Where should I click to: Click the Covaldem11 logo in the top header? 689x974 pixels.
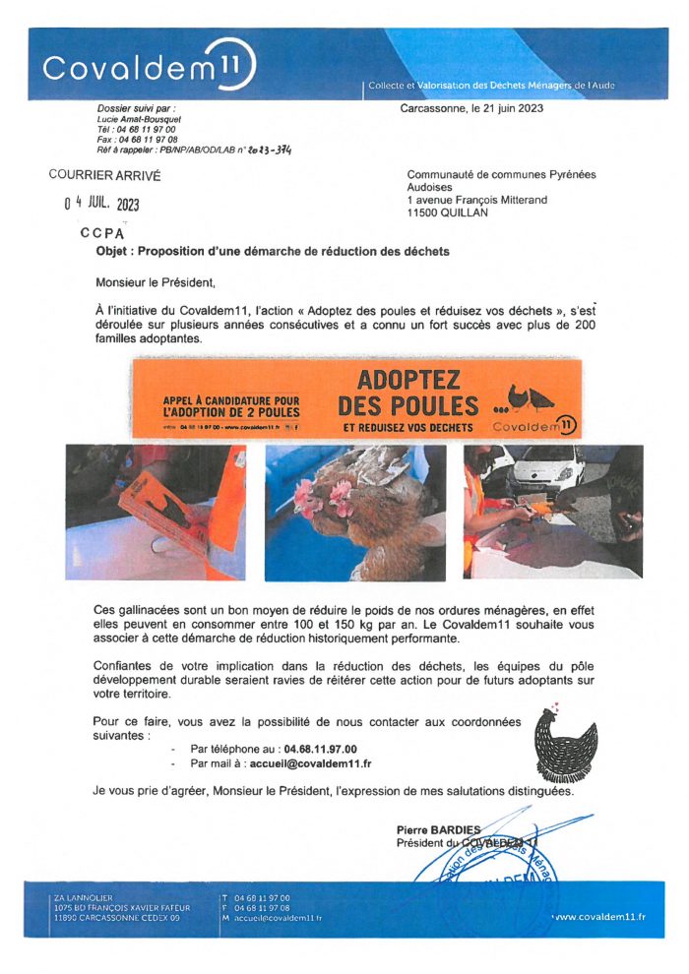148,68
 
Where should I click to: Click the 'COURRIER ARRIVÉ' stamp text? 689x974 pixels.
104,176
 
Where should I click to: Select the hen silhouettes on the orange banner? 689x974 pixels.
533,397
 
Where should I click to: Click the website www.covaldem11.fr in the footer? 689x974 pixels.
599,917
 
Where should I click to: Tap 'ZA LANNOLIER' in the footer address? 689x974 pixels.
85,897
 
